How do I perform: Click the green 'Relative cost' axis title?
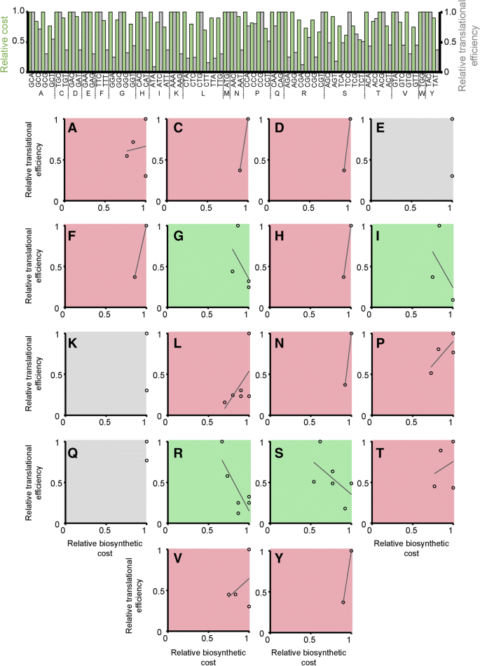(6, 42)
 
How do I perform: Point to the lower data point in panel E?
(452, 176)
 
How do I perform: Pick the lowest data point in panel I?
(452, 300)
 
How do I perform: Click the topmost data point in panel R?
(222, 441)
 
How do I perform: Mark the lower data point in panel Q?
(146, 460)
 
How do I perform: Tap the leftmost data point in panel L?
(225, 403)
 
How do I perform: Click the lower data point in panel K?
(146, 390)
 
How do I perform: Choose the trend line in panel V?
(238, 586)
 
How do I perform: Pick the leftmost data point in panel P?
(431, 373)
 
